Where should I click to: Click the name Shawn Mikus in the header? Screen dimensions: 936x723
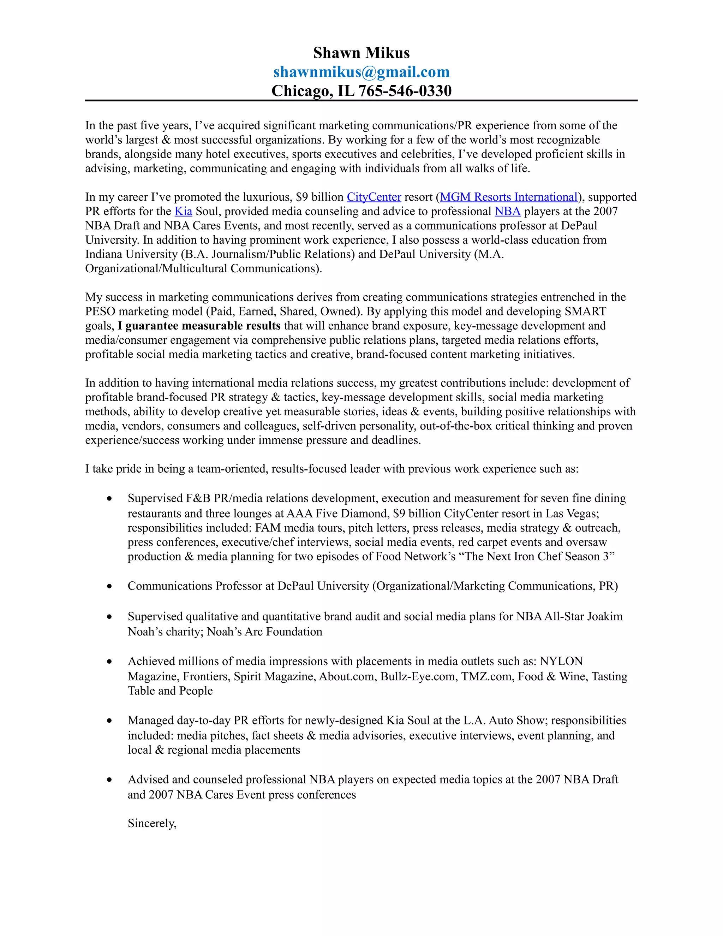[x=361, y=53]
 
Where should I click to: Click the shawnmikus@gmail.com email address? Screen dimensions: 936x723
[x=361, y=72]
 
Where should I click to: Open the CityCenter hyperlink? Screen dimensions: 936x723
[x=374, y=197]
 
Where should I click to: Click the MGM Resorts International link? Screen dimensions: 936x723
[x=508, y=197]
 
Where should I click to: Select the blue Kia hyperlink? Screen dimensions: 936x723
[x=183, y=211]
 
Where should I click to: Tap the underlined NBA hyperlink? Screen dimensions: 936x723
[x=507, y=211]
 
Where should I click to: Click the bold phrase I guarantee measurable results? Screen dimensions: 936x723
[x=199, y=326]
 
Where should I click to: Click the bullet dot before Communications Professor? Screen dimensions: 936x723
[x=110, y=586]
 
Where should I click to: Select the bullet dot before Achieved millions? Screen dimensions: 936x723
[x=110, y=662]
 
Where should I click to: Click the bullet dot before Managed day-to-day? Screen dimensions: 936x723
[x=110, y=721]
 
